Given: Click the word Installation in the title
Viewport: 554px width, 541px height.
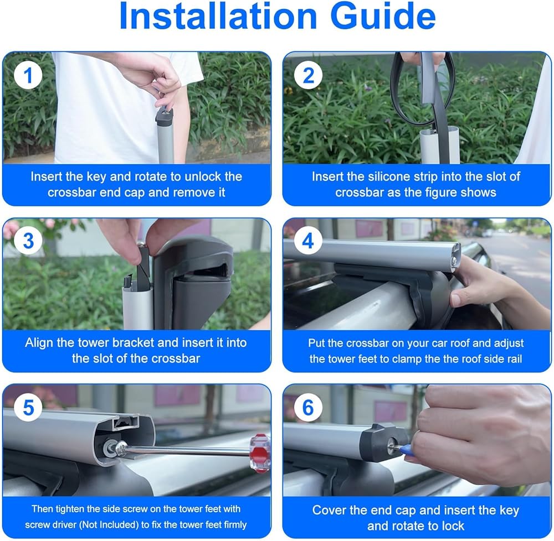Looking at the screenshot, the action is click(218, 16).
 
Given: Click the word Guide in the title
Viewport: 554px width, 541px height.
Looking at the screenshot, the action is click(383, 16).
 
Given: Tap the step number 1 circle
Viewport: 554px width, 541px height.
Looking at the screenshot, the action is click(28, 75).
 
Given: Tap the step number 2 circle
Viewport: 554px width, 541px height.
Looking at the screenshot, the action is click(308, 75).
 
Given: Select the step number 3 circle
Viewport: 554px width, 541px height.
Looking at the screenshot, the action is click(28, 241).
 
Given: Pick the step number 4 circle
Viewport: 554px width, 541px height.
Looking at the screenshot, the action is click(308, 241).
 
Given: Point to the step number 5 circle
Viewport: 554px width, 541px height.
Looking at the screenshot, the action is click(28, 407).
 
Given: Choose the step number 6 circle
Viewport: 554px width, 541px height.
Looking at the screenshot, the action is click(308, 407).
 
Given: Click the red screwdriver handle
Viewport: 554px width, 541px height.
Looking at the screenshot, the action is click(260, 453).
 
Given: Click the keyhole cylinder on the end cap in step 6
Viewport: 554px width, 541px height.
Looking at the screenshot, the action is click(392, 445).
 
